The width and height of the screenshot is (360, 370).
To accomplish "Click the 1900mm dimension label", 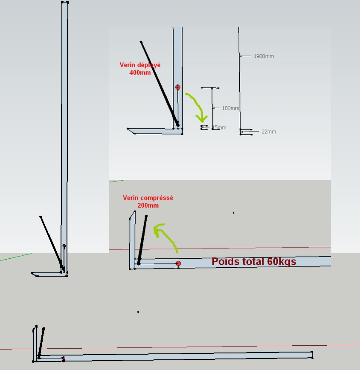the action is (264, 56).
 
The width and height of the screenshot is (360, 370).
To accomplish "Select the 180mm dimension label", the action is (230, 108).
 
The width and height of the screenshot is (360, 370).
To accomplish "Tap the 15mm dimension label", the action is (219, 128).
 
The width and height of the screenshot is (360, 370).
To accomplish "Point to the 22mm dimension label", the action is (269, 132).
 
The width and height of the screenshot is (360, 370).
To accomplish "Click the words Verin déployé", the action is (140, 65).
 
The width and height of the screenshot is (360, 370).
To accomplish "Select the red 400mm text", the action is (140, 72).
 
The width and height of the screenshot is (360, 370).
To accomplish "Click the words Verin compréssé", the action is (148, 198).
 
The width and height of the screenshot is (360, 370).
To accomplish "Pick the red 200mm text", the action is (148, 205).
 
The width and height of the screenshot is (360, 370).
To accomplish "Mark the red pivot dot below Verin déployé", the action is (178, 87).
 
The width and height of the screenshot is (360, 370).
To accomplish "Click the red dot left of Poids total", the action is (178, 264).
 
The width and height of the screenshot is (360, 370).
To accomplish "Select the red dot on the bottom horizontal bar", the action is (64, 358).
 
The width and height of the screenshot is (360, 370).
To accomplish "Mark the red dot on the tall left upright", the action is (64, 246).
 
